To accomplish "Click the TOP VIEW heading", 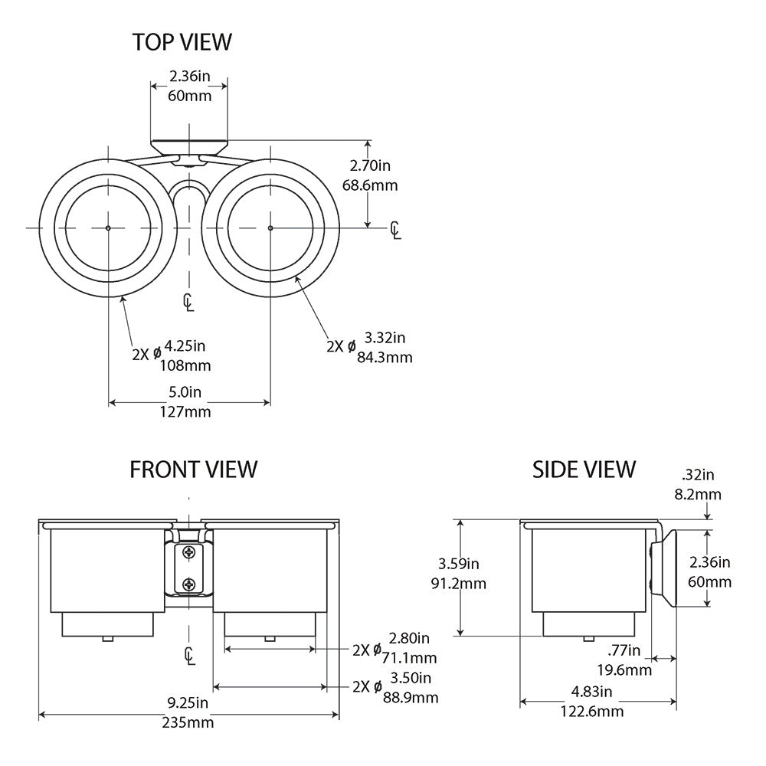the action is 182,42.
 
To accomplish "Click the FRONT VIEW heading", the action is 194,470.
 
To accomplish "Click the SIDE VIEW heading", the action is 584,470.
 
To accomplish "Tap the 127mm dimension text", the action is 185,412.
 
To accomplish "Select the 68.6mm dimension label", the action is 370,185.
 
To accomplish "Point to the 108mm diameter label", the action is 185,365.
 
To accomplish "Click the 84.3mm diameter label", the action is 385,358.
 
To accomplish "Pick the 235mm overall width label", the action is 188,722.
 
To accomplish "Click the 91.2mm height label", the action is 458,584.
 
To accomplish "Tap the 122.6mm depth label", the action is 592,712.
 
